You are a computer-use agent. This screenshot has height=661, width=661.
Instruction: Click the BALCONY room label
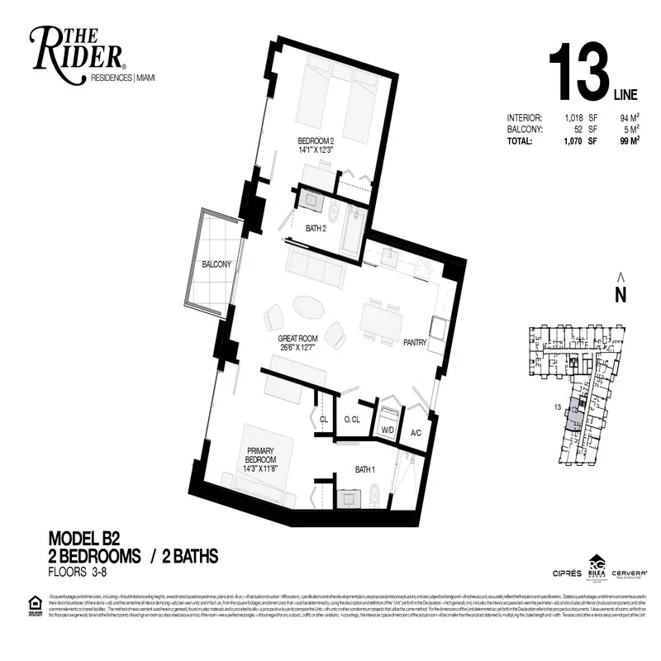click(x=216, y=264)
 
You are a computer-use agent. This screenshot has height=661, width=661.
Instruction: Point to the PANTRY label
click(x=415, y=340)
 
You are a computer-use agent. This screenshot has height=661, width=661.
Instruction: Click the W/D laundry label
click(x=388, y=430)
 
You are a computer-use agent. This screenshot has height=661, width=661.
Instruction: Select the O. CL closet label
click(x=352, y=420)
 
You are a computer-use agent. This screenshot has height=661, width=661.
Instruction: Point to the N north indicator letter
click(x=621, y=293)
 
